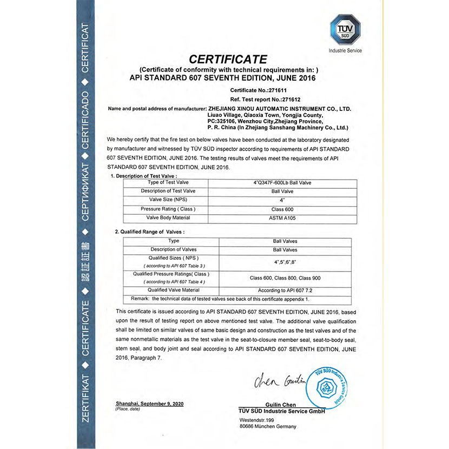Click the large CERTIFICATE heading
point(228,59)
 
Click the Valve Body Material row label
point(168,217)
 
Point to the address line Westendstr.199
point(257,420)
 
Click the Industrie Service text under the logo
point(345,51)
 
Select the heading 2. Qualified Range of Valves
point(150,232)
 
